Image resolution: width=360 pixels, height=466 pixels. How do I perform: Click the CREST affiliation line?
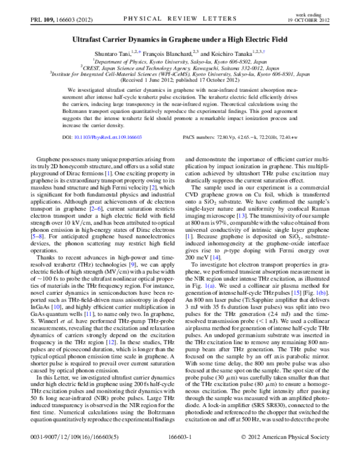180,67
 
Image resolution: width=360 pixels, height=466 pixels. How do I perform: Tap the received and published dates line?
180,81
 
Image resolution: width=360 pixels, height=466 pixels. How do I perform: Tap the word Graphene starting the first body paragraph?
50,174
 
